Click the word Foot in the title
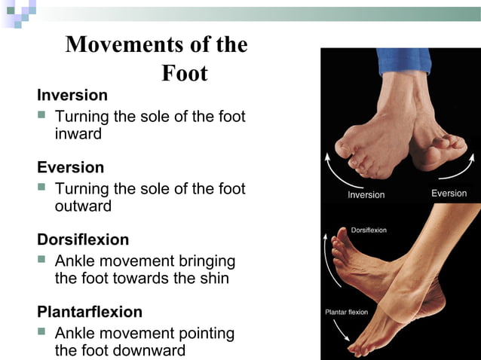pyautogui.click(x=185, y=74)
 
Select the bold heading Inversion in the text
pyautogui.click(x=72, y=96)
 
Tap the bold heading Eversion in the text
pyautogui.click(x=71, y=167)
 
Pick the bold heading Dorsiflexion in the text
pyautogui.click(x=83, y=239)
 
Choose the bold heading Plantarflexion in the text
pyautogui.click(x=90, y=312)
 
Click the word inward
pyautogui.click(x=78, y=134)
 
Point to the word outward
pyautogui.click(x=83, y=206)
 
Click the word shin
pyautogui.click(x=213, y=279)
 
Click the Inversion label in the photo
pyautogui.click(x=366, y=195)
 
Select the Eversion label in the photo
pyautogui.click(x=449, y=194)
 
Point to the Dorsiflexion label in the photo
pyautogui.click(x=369, y=230)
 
